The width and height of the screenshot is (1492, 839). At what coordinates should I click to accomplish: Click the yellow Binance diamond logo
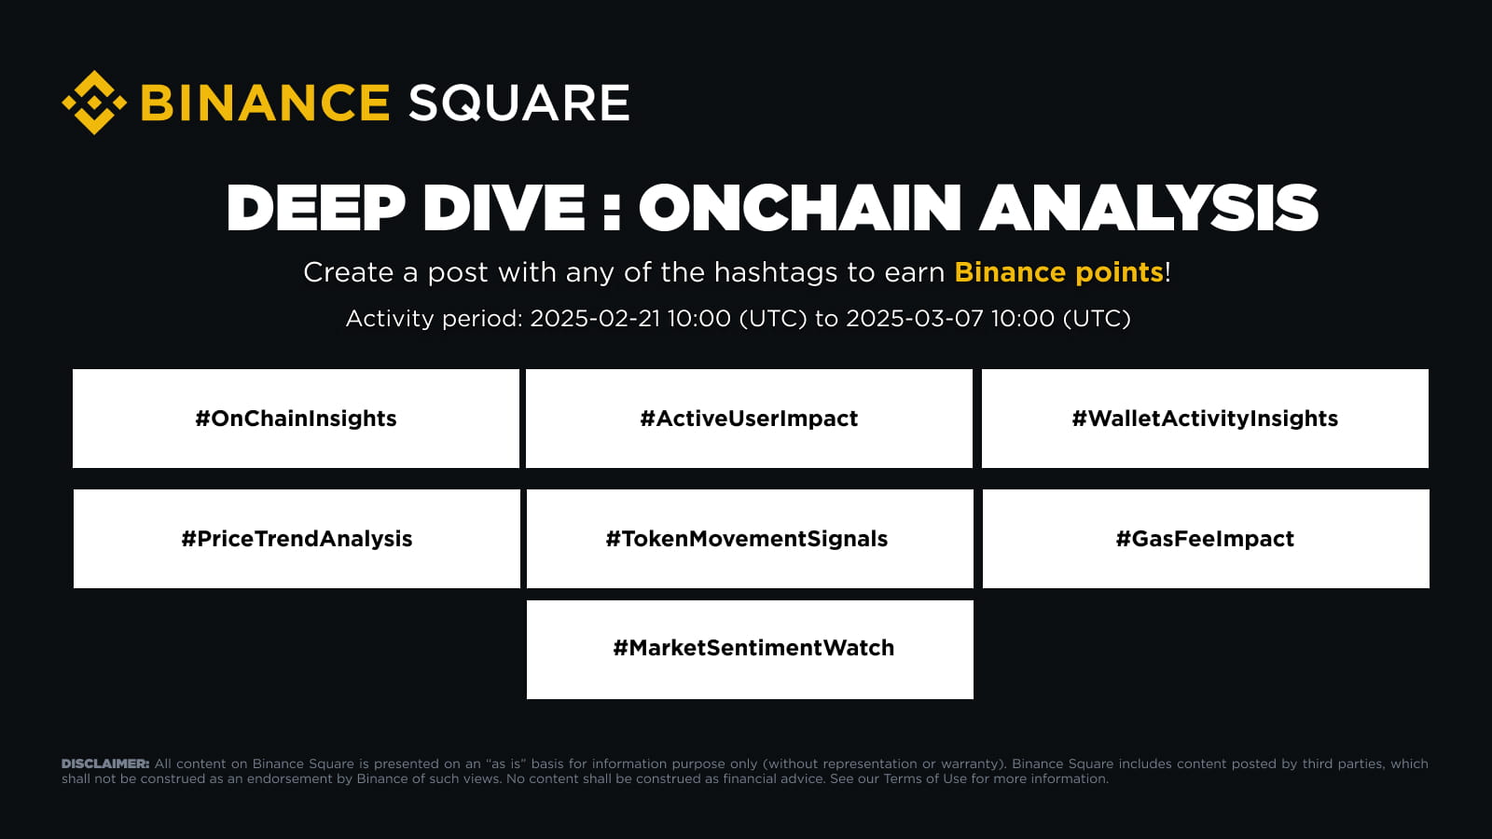pyautogui.click(x=94, y=103)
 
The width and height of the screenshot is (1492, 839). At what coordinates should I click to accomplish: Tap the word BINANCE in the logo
pyautogui.click(x=265, y=103)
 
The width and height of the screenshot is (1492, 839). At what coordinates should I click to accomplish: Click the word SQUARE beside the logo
pyautogui.click(x=518, y=103)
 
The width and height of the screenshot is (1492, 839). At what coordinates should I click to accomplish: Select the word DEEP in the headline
pyautogui.click(x=316, y=208)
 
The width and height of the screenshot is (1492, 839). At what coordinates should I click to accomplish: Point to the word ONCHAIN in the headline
pyautogui.click(x=800, y=208)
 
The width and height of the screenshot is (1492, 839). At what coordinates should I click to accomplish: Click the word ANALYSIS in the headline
pyautogui.click(x=1148, y=208)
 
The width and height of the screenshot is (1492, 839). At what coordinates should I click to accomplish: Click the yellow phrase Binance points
pyautogui.click(x=1058, y=272)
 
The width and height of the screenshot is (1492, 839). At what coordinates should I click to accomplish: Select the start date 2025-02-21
pyautogui.click(x=595, y=318)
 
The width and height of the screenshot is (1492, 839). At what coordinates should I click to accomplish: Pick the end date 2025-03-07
pyautogui.click(x=914, y=318)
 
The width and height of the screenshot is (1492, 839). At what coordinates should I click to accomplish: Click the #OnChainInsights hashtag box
pyautogui.click(x=296, y=419)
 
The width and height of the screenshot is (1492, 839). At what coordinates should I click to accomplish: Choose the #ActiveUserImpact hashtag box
pyautogui.click(x=749, y=419)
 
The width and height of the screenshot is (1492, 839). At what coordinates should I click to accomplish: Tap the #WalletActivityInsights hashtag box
pyautogui.click(x=1205, y=419)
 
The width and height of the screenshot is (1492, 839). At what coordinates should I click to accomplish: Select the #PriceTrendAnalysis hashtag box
pyautogui.click(x=297, y=539)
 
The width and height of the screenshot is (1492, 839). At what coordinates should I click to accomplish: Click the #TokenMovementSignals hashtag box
pyautogui.click(x=750, y=539)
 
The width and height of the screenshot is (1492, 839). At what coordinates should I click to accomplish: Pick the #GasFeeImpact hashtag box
pyautogui.click(x=1206, y=539)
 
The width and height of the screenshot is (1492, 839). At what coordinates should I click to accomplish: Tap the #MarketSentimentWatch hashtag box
pyautogui.click(x=750, y=650)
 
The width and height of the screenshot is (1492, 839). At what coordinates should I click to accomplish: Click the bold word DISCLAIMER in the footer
pyautogui.click(x=105, y=763)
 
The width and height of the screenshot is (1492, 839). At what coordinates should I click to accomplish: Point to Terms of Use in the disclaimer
pyautogui.click(x=925, y=778)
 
